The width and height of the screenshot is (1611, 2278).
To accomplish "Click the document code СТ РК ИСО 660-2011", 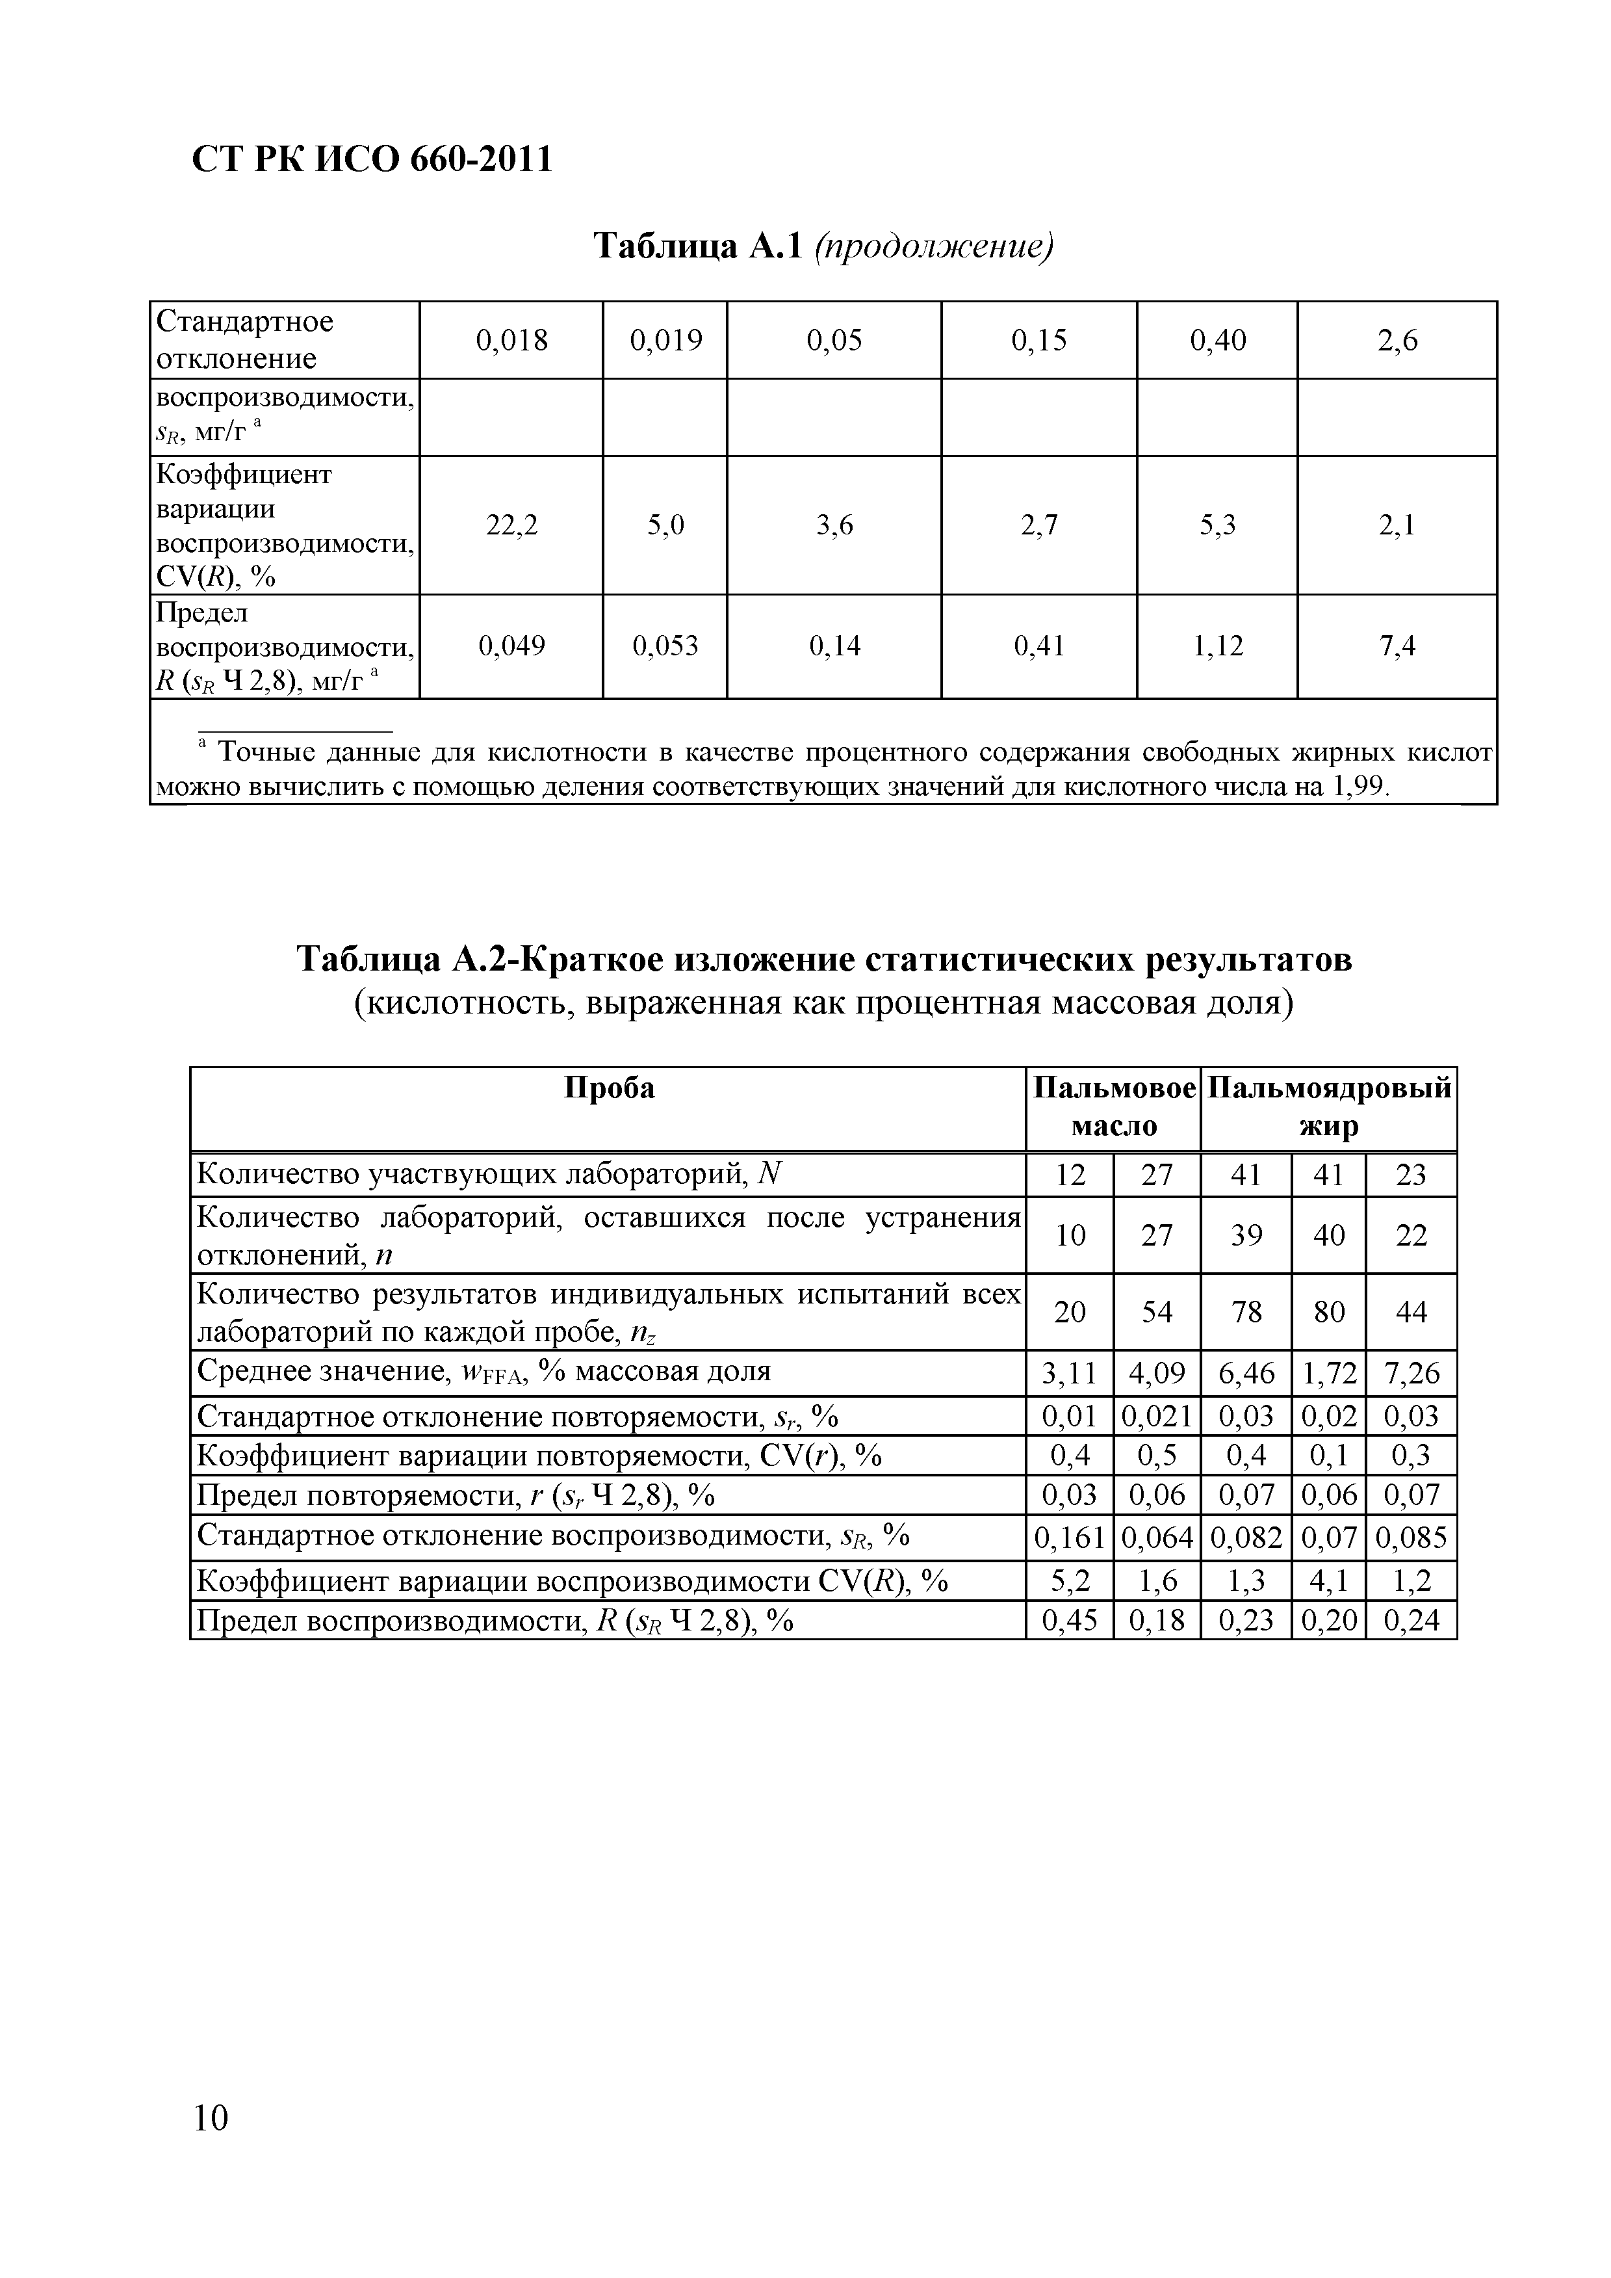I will [x=371, y=159].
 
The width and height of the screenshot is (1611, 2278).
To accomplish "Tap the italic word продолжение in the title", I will [x=933, y=246].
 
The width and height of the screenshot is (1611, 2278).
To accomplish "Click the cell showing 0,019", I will [x=665, y=341].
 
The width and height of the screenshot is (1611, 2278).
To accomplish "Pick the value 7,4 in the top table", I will [x=1397, y=647].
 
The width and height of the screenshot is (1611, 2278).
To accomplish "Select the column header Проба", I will [x=609, y=1090].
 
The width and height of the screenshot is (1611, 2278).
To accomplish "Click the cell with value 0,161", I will [x=1070, y=1538].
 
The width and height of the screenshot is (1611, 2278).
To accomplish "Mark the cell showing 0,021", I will [x=1157, y=1417].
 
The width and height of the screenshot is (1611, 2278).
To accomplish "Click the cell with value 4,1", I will [x=1328, y=1580].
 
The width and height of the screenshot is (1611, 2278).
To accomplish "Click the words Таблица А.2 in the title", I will [x=405, y=960].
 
